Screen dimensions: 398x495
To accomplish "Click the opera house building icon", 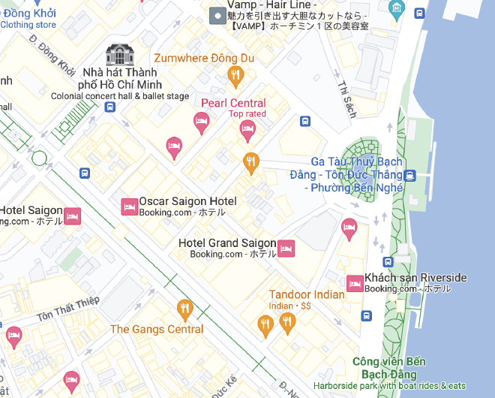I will (120, 54).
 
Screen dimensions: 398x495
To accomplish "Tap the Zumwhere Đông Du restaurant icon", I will (236, 74).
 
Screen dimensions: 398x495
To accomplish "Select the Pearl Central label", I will (233, 103).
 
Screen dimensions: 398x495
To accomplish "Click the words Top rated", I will (247, 114).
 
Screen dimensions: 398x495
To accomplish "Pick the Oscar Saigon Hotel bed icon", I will (129, 207).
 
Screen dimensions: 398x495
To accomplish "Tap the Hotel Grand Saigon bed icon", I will (286, 249).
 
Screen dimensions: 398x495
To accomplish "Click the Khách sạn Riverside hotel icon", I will (355, 283).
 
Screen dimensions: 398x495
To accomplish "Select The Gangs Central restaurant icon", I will (184, 309).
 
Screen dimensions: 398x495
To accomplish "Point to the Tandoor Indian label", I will (306, 294).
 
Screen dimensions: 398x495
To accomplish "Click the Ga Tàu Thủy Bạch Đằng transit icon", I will (409, 176).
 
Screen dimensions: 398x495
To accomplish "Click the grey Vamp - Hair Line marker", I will (217, 14).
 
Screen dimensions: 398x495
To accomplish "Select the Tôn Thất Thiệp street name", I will (67, 307).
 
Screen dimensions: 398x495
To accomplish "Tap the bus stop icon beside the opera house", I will (109, 107).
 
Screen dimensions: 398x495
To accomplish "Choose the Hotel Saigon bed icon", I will (72, 216).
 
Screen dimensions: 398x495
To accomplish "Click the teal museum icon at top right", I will (397, 10).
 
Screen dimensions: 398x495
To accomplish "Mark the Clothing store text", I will (28, 25).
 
